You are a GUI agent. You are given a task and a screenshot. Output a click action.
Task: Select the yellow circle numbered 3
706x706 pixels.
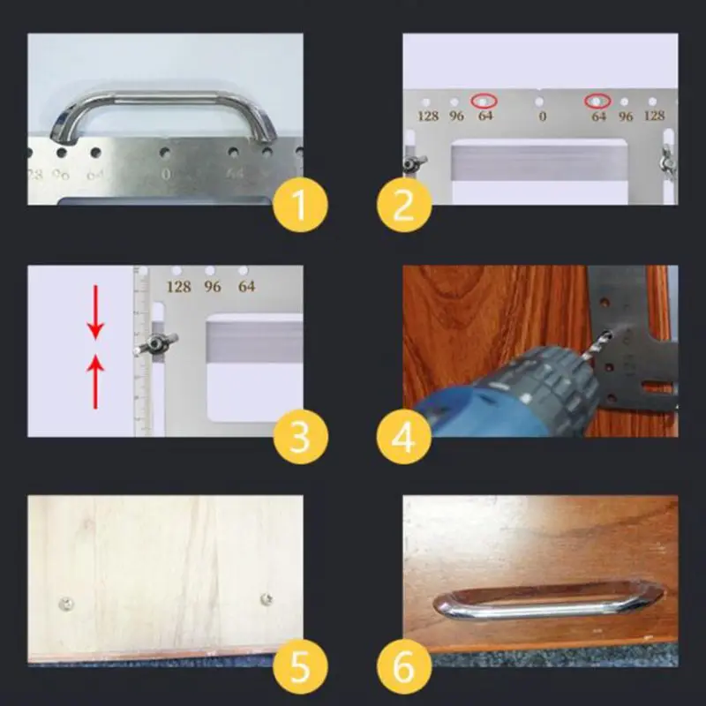[299, 435]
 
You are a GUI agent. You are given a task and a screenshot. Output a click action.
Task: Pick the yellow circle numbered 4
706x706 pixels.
[404, 435]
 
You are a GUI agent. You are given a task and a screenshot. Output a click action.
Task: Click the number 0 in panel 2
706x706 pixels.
[542, 116]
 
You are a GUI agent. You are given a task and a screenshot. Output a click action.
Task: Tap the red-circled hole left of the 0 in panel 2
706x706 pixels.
[484, 101]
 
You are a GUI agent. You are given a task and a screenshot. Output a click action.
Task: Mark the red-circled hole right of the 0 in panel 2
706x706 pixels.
[599, 101]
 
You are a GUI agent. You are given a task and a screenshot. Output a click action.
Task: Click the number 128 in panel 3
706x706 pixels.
[178, 287]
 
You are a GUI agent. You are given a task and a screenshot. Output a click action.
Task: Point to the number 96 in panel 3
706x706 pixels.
[213, 287]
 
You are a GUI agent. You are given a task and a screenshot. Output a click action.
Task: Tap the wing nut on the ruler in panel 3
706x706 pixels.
[156, 341]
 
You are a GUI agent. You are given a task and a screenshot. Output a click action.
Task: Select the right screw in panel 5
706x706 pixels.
[266, 599]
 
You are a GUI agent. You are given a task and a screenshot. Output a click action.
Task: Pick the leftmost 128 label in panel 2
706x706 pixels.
[428, 116]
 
